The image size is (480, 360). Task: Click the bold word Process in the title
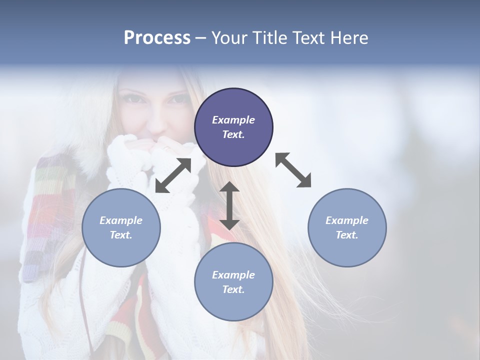coord(157,38)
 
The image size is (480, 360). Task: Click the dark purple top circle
coord(233,127)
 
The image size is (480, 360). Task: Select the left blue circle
coord(121,227)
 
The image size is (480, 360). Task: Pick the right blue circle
coord(347,227)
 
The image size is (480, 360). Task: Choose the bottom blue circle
coord(233,282)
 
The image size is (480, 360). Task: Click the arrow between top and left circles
coord(173,175)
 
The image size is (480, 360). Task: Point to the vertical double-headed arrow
coord(229,205)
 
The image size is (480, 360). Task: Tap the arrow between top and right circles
coord(293,170)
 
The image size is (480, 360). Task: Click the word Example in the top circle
coord(233,120)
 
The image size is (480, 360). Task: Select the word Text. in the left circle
coord(121,235)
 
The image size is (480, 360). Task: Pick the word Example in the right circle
coord(347,220)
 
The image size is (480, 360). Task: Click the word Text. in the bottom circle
coord(233,289)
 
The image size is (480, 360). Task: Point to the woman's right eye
coord(132,98)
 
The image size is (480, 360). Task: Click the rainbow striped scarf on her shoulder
coord(47,210)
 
